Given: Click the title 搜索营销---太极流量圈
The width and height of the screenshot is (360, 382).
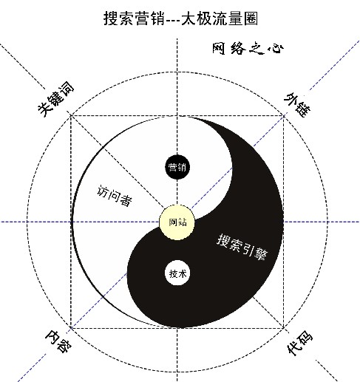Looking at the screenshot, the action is pyautogui.click(x=180, y=18).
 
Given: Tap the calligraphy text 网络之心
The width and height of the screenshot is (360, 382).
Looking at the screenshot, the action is pyautogui.click(x=248, y=48).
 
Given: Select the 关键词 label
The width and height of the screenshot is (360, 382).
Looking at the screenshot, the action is pyautogui.click(x=56, y=98).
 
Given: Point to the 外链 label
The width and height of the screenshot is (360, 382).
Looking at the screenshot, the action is pyautogui.click(x=297, y=104).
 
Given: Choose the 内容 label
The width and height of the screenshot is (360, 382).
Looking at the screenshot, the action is pyautogui.click(x=58, y=341).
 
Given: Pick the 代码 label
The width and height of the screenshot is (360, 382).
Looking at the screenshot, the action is pyautogui.click(x=299, y=343).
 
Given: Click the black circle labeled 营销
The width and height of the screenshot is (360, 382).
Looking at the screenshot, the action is pyautogui.click(x=177, y=167).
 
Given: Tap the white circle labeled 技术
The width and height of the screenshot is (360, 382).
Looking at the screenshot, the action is pyautogui.click(x=177, y=273).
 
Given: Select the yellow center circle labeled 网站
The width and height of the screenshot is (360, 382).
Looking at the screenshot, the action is pyautogui.click(x=177, y=222).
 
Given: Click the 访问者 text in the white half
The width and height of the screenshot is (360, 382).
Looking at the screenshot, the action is pyautogui.click(x=114, y=196).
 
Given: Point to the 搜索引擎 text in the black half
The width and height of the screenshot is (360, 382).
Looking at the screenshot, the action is pyautogui.click(x=242, y=247).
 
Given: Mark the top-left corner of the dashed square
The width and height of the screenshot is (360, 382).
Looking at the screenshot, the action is pyautogui.click(x=71, y=115).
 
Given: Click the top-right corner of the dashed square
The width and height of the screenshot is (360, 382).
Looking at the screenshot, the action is pyautogui.click(x=284, y=115).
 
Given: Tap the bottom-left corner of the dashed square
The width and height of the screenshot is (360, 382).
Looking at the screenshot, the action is pyautogui.click(x=71, y=328).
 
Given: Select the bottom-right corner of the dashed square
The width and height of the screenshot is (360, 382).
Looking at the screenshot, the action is pyautogui.click(x=284, y=328).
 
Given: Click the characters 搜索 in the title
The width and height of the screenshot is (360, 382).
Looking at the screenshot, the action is pyautogui.click(x=118, y=18).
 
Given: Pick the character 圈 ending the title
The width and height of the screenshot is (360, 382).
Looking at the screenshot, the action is pyautogui.click(x=251, y=18).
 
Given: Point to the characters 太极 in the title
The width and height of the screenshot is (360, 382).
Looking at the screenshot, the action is pyautogui.click(x=196, y=18).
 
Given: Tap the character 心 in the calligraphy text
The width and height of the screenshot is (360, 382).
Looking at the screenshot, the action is pyautogui.click(x=276, y=49).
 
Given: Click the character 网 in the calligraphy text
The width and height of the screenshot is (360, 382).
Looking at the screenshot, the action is pyautogui.click(x=219, y=48).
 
